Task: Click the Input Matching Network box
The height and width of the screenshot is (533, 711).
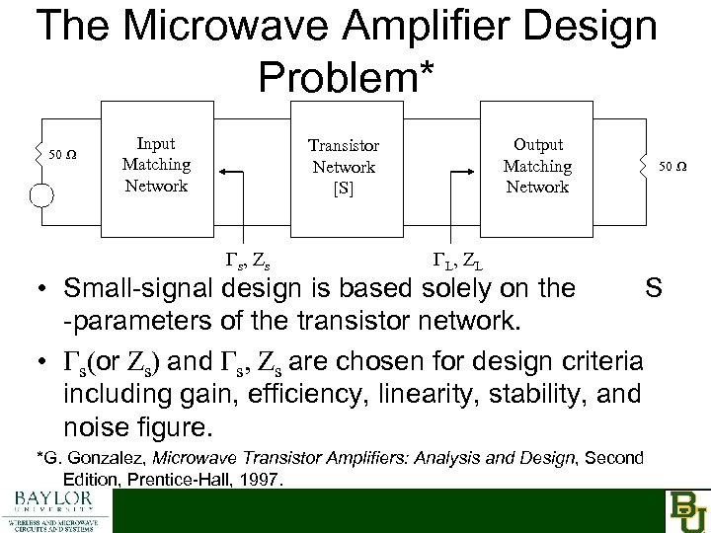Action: pyautogui.click(x=155, y=165)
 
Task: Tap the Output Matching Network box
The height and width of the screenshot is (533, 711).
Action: pyautogui.click(x=536, y=165)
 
